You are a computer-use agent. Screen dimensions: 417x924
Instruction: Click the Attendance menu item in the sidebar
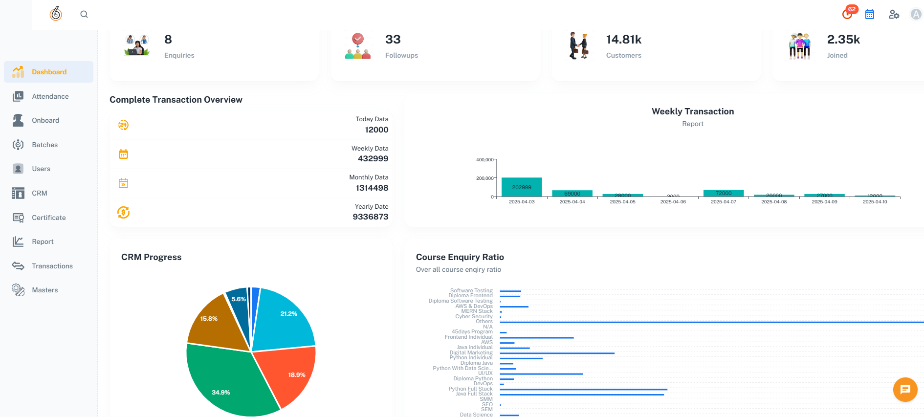click(49, 96)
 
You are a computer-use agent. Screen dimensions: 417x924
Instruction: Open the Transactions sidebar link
click(52, 266)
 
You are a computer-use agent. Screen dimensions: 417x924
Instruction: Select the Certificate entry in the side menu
click(48, 218)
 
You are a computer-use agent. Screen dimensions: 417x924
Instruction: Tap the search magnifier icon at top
click(84, 14)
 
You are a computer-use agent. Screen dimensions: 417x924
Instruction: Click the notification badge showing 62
click(852, 9)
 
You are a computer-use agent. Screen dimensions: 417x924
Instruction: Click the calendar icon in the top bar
click(870, 15)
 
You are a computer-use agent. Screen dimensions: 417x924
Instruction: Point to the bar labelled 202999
click(522, 187)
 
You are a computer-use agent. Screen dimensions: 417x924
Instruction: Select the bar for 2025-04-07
click(724, 193)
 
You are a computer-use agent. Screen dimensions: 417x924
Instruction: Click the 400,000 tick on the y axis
click(484, 160)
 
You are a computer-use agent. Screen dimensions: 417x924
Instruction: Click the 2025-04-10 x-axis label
click(875, 202)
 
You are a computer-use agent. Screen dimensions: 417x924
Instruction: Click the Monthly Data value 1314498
click(372, 188)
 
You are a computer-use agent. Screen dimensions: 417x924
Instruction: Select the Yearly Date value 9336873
click(370, 217)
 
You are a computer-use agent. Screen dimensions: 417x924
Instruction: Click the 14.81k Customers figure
click(623, 40)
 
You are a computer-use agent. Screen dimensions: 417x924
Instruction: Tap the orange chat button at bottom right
click(905, 390)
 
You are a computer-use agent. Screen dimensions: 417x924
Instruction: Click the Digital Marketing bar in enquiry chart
click(557, 353)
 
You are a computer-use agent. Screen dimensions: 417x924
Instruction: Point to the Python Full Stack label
click(470, 389)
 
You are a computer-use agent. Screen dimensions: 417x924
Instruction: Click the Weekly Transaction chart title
click(692, 111)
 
